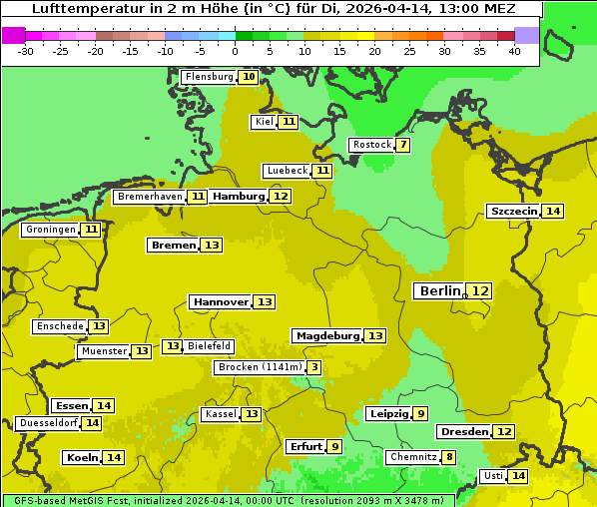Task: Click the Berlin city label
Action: tap(439, 290)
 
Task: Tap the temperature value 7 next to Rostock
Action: tap(403, 145)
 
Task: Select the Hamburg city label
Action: tap(239, 197)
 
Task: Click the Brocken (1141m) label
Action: tap(259, 367)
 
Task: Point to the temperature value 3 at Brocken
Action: tap(314, 367)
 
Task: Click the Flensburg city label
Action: tap(209, 77)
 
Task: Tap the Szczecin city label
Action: tap(513, 211)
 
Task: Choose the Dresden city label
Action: tap(464, 432)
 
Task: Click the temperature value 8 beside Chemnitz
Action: tap(449, 457)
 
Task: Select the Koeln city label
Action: tap(81, 457)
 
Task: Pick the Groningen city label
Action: tap(50, 230)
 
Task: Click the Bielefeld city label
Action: tap(209, 346)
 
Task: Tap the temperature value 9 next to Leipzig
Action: tap(421, 414)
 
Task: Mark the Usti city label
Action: tap(492, 476)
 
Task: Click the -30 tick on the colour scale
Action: tap(26, 51)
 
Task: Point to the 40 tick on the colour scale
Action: tap(514, 51)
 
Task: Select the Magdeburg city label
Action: tap(327, 335)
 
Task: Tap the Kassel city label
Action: tap(220, 414)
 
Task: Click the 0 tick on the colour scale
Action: tap(235, 51)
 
